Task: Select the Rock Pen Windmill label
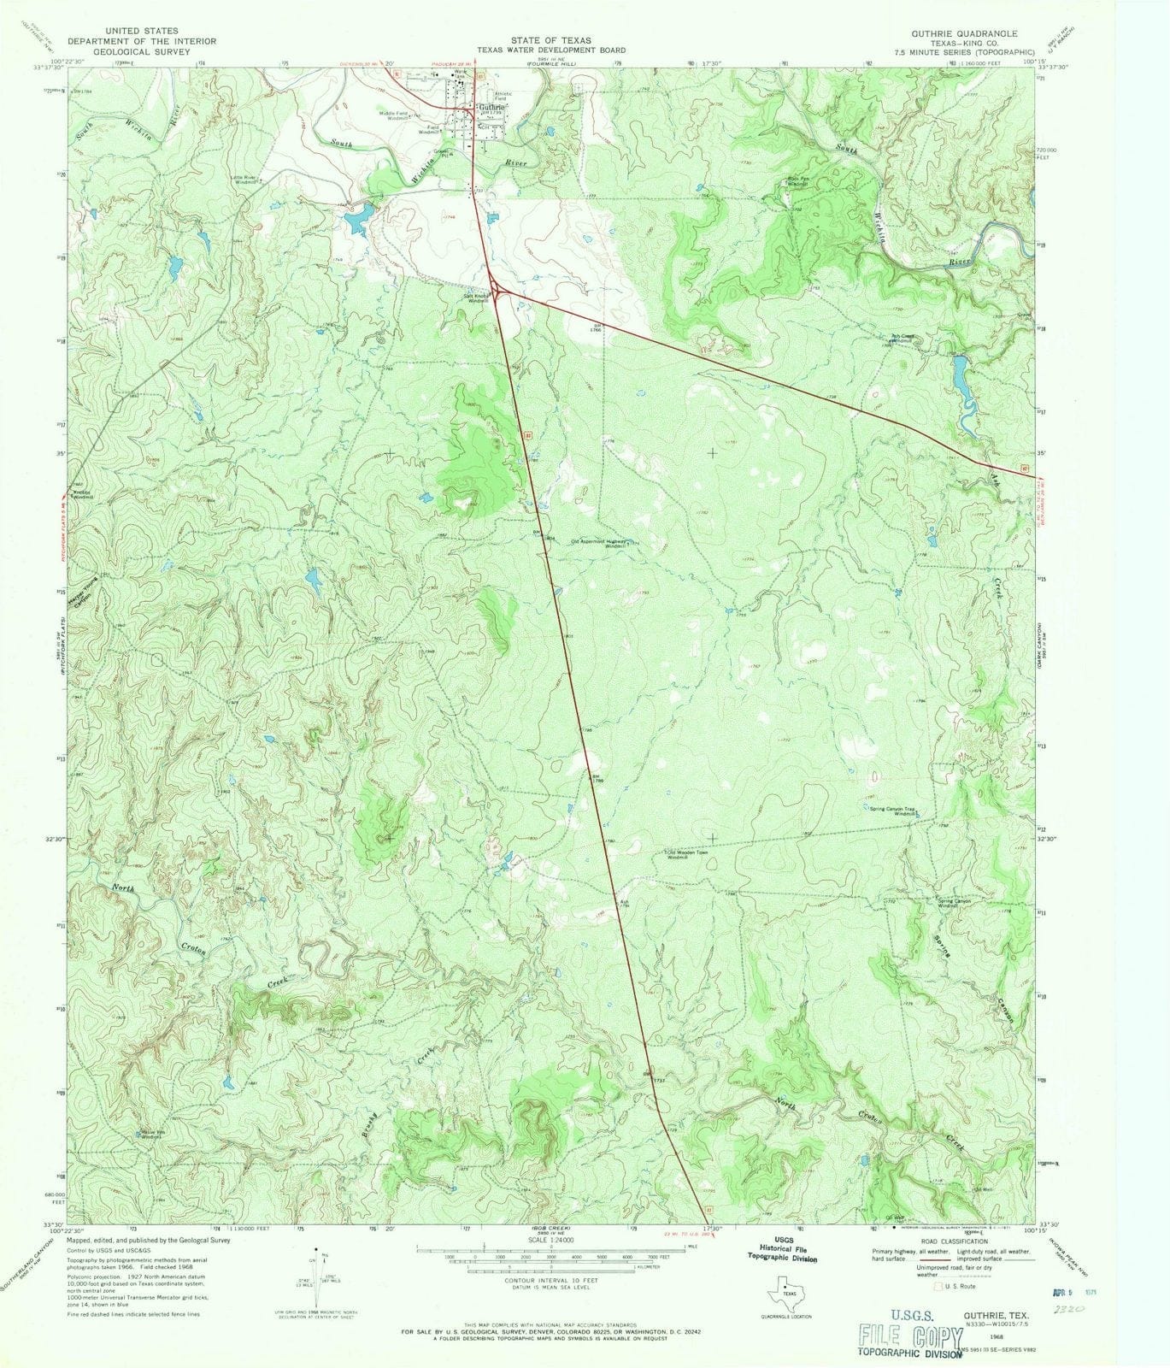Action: coord(797,181)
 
